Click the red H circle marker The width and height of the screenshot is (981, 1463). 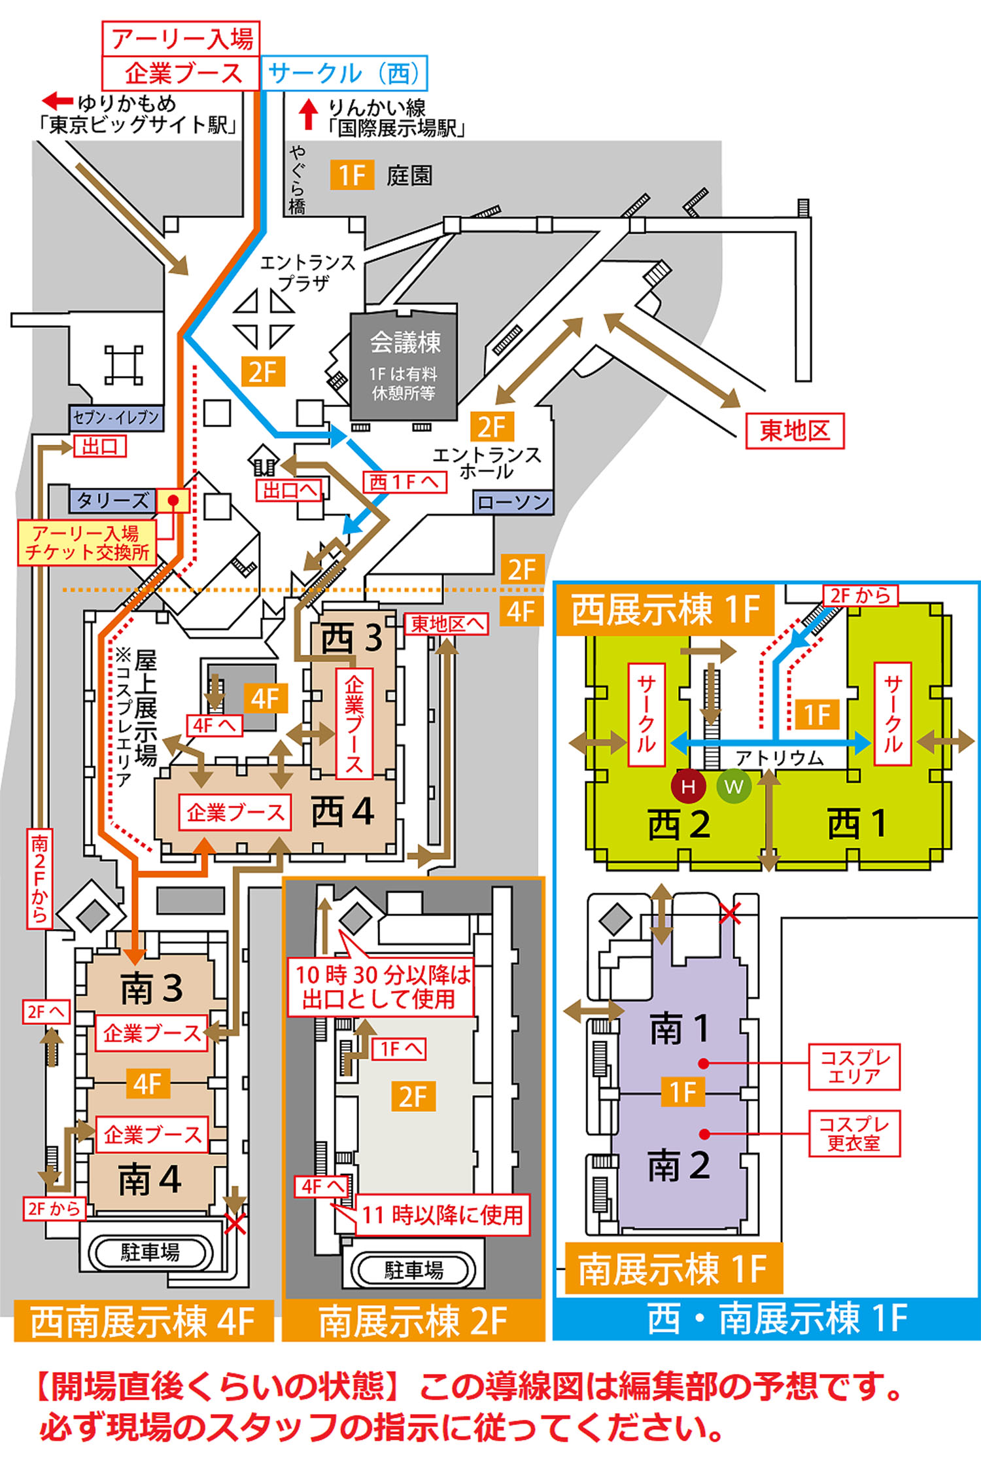(688, 786)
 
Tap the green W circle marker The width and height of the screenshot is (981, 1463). (734, 786)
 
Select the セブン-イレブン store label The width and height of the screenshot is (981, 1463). (116, 417)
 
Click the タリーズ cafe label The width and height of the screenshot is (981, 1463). (112, 501)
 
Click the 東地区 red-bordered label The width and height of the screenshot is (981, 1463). (795, 431)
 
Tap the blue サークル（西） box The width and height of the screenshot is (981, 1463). (344, 73)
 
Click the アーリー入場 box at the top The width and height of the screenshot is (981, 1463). (181, 39)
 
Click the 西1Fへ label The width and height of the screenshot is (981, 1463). (404, 482)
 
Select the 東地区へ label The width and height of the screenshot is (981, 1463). (447, 624)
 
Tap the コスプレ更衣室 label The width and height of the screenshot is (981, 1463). (854, 1133)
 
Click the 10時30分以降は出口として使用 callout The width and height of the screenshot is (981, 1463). (381, 987)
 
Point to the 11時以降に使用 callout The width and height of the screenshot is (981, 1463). (442, 1215)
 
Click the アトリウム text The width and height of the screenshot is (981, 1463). (780, 758)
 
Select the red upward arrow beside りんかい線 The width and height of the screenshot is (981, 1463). (308, 115)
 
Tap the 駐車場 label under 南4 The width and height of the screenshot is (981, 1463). (150, 1252)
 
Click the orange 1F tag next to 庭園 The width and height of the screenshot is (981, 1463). (352, 175)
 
